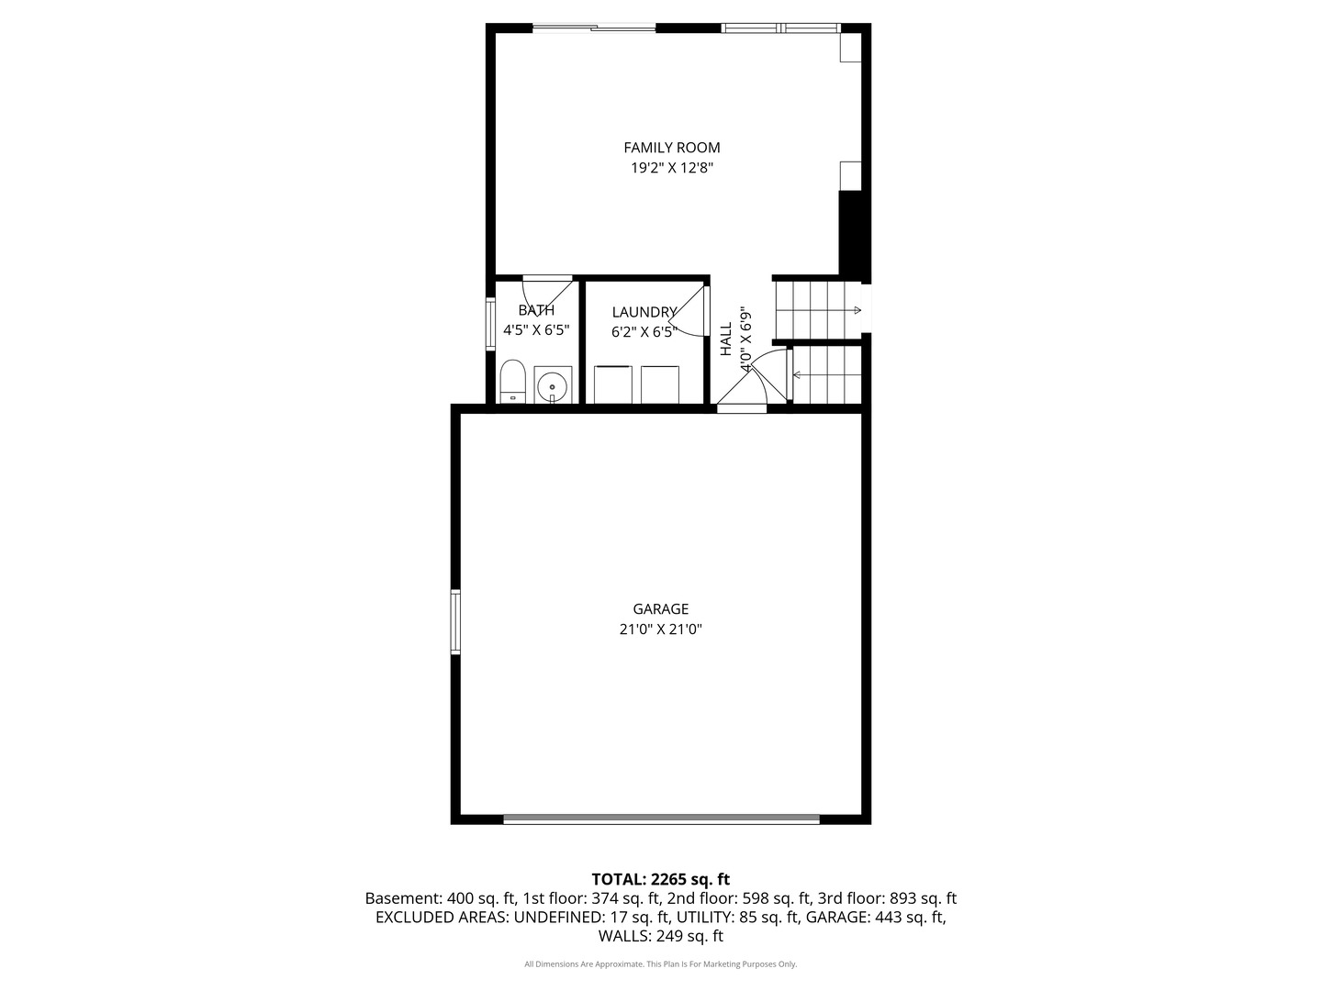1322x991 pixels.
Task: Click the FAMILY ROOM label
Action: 671,148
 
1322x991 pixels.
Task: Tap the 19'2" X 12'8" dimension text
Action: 671,168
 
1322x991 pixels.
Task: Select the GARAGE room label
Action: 661,609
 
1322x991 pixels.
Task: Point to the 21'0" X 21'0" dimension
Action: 661,629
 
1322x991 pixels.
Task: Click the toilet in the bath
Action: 512,382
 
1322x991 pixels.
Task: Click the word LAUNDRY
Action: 644,312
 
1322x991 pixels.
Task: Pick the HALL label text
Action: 726,339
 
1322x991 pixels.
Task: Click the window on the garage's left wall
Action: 455,621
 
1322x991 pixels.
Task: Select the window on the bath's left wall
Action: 490,323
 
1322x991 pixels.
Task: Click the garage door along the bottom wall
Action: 661,818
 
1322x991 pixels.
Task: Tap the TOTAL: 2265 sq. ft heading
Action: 661,880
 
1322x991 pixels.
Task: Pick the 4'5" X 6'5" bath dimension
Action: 536,330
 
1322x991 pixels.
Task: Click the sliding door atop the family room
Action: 594,28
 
